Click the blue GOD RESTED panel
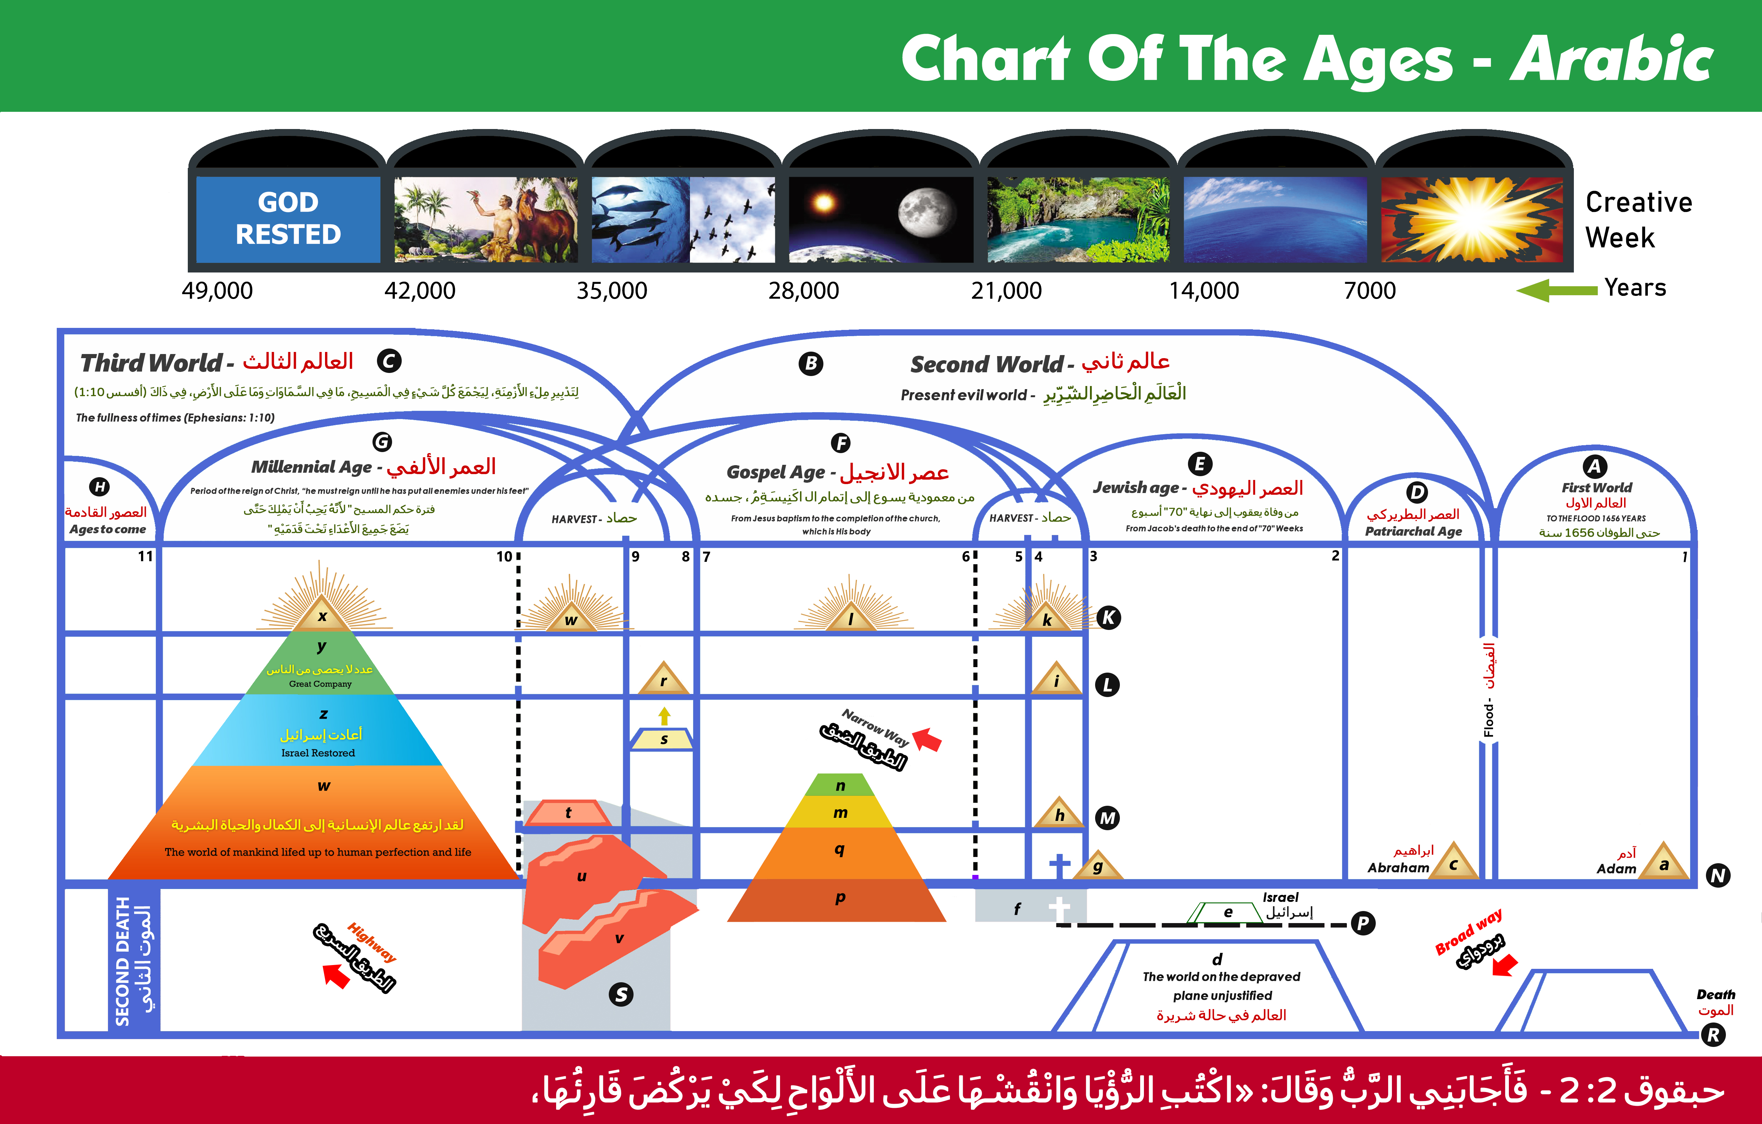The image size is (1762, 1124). point(288,219)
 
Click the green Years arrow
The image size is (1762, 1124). point(1556,290)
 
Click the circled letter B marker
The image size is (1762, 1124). point(811,364)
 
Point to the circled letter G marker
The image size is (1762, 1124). point(382,442)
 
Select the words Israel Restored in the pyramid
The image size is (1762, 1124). point(318,753)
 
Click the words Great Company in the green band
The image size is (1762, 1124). point(321,684)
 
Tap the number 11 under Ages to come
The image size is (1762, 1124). point(145,556)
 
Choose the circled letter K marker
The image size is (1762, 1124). point(1109,618)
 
